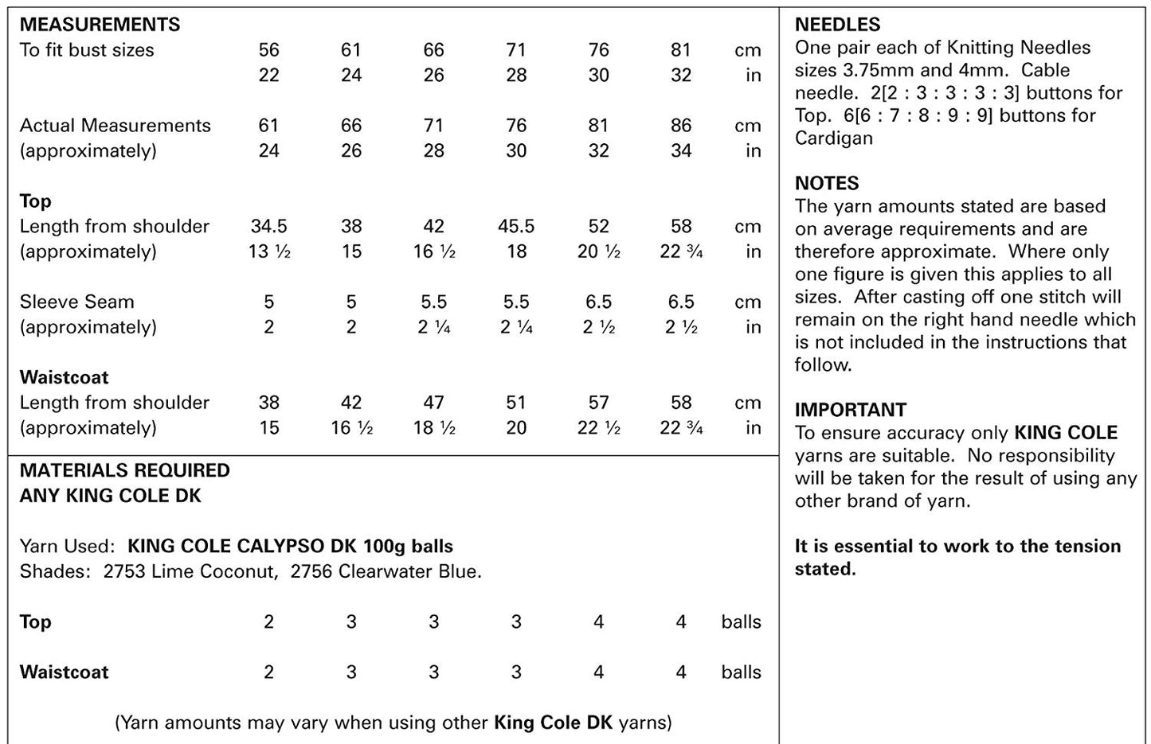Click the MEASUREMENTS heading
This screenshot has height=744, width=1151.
click(100, 25)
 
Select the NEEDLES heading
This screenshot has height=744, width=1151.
click(837, 25)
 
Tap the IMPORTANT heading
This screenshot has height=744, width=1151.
click(850, 410)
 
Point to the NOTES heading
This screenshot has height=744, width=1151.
click(827, 183)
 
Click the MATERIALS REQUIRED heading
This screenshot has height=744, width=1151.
click(124, 470)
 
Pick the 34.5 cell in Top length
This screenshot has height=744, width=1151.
click(269, 226)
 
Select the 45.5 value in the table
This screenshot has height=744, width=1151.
click(516, 226)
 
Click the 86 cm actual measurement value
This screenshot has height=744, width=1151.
click(681, 126)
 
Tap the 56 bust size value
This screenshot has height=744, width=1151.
click(269, 50)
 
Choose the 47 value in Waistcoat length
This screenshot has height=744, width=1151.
click(434, 403)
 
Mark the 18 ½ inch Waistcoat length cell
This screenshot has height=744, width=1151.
click(434, 428)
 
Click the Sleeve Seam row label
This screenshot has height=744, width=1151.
click(77, 302)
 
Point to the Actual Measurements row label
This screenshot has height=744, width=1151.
click(115, 126)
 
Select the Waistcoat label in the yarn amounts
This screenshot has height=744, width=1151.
click(65, 672)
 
